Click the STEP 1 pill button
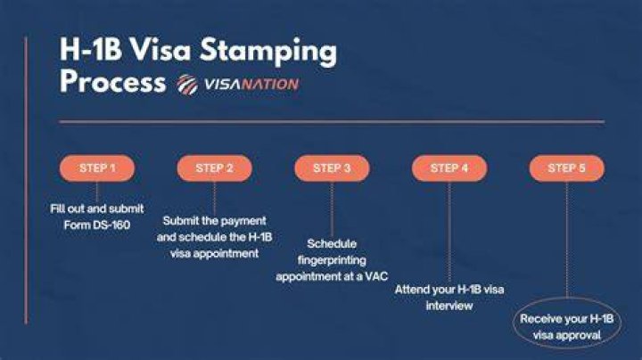pos(97,168)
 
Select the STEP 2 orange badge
pos(215,168)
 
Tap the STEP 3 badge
pos(332,168)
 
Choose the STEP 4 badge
pos(449,168)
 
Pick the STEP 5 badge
pos(567,168)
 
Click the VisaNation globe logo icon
pos(187,85)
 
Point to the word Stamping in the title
pos(268,51)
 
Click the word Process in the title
pos(112,81)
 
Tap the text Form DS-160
pos(97,225)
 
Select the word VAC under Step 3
pos(376,276)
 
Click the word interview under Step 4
pos(449,306)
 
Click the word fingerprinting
pos(332,260)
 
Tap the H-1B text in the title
pos(91,50)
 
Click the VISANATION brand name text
pos(251,85)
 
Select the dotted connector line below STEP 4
pos(449,232)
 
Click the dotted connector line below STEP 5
pos(567,240)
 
